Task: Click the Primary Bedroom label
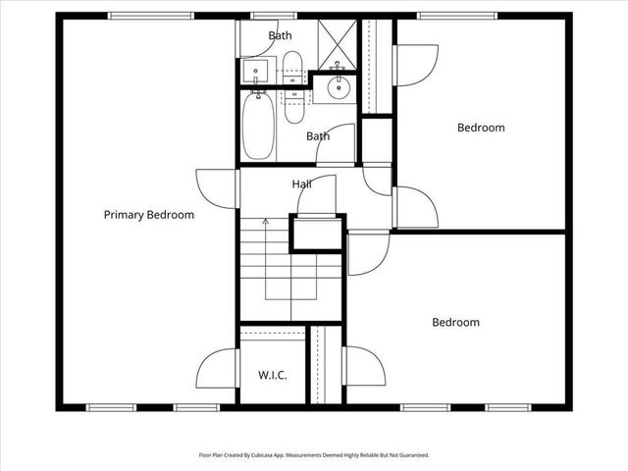149,215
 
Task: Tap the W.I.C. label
272,375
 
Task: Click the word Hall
302,184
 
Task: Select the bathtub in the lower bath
259,125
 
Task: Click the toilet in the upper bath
291,68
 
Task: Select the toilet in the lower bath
294,105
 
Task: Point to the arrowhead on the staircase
265,222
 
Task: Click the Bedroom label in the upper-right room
481,128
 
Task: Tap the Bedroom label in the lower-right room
456,322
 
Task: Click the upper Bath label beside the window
280,36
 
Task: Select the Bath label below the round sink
317,136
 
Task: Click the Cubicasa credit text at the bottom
314,455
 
